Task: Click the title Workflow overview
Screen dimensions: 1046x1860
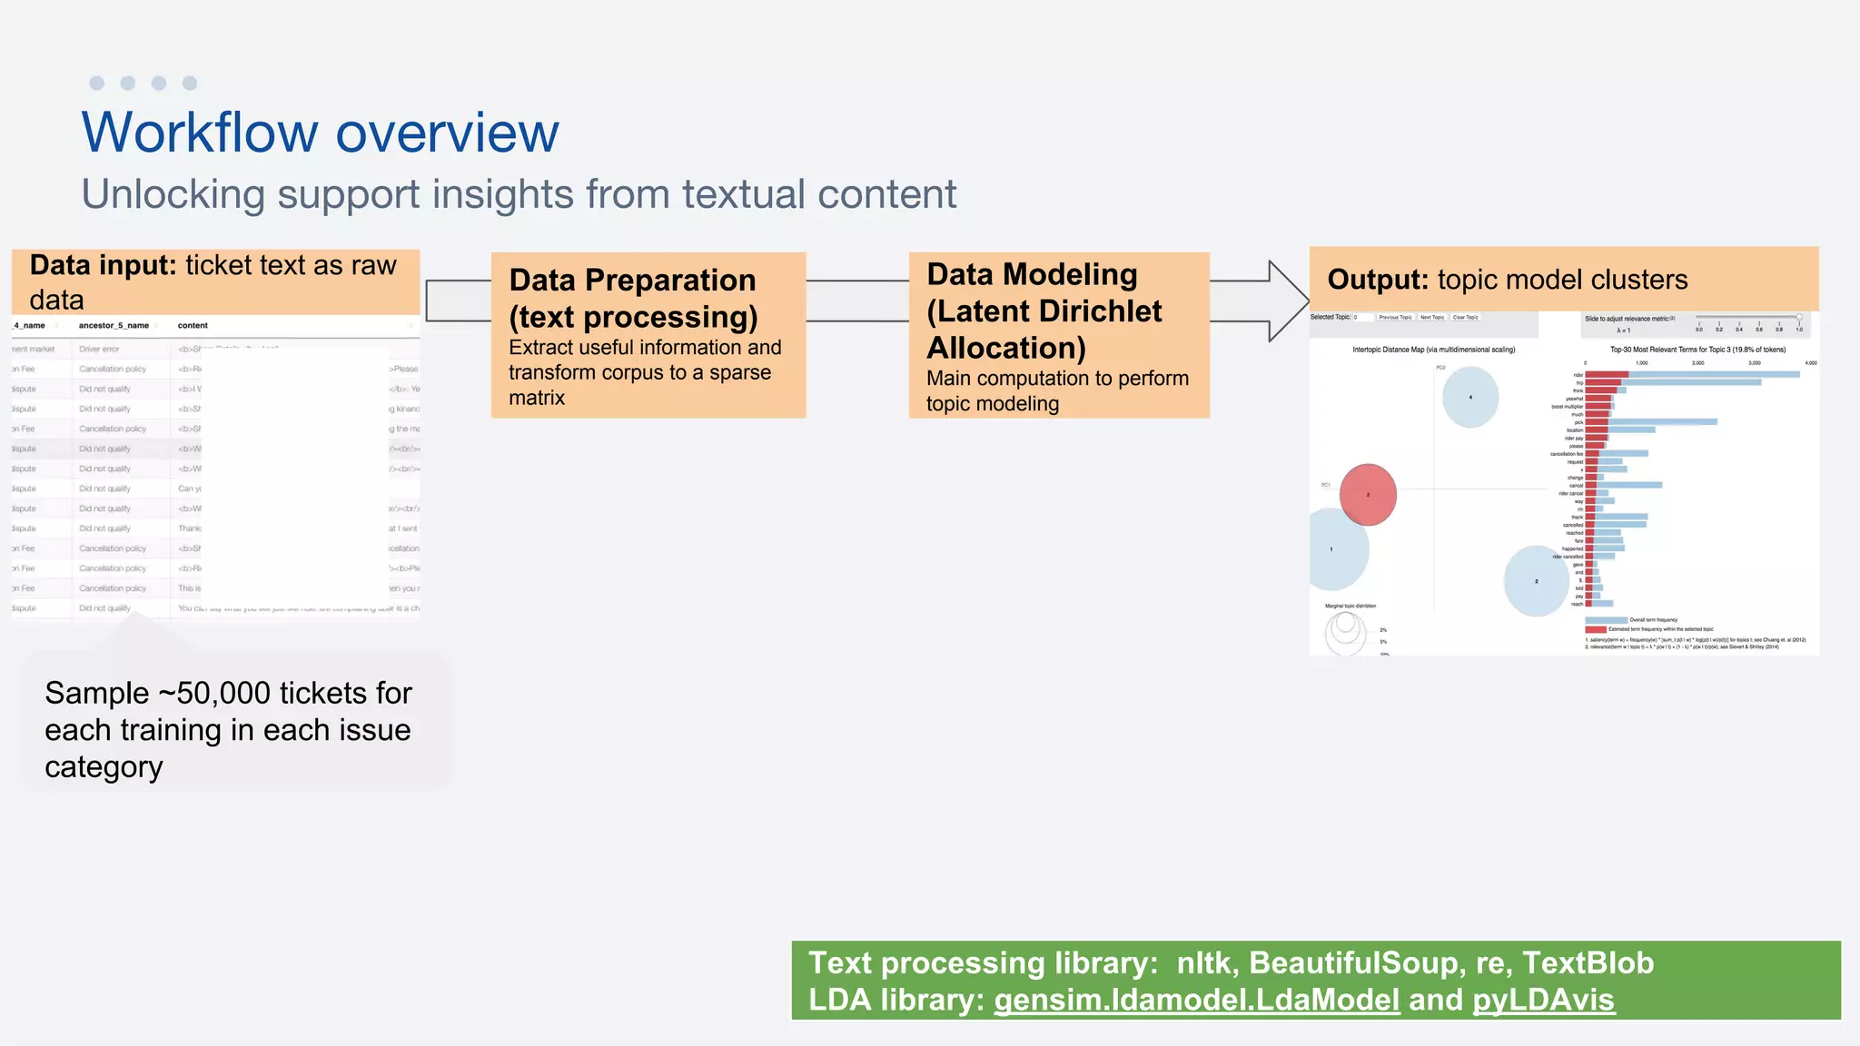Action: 320,133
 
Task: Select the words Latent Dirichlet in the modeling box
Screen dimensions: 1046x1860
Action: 1044,311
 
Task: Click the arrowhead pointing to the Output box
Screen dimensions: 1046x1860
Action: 1288,301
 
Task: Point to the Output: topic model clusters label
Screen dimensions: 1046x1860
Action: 1508,280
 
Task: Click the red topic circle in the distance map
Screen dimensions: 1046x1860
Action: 1368,495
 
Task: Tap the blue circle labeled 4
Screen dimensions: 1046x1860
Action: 1469,397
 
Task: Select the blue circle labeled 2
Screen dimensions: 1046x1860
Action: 1536,581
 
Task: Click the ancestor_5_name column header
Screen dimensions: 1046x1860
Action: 114,325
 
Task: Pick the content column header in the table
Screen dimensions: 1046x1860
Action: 193,325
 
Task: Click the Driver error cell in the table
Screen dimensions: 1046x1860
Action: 99,349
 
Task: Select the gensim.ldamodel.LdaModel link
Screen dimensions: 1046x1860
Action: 1196,1000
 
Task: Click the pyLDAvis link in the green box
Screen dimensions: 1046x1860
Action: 1543,1000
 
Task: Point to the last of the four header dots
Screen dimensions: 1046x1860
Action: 190,84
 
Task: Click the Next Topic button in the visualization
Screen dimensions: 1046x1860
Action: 1432,318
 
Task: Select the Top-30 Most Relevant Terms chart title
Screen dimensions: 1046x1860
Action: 1697,350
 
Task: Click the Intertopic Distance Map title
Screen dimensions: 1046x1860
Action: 1433,350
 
